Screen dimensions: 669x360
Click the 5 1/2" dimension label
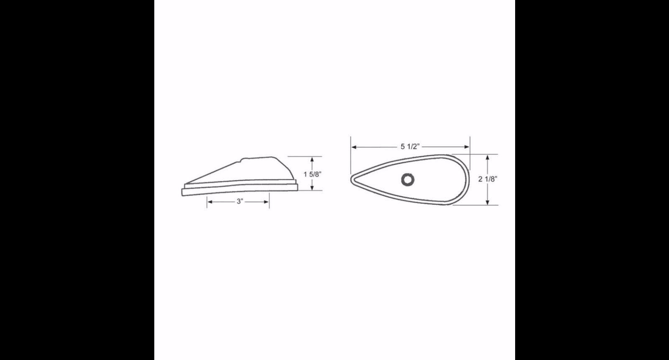tap(410, 146)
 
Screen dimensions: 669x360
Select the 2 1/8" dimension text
tap(488, 179)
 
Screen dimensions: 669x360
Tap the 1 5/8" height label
tap(313, 174)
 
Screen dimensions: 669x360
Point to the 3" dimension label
tap(240, 202)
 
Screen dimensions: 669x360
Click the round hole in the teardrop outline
tap(408, 179)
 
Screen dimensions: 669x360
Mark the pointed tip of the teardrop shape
tap(351, 179)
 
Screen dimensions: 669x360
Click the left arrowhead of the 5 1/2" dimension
tap(354, 147)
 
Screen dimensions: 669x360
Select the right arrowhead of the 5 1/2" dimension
tap(467, 147)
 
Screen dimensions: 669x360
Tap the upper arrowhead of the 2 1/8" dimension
tap(488, 157)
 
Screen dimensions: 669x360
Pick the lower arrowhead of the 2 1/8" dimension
tap(488, 202)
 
